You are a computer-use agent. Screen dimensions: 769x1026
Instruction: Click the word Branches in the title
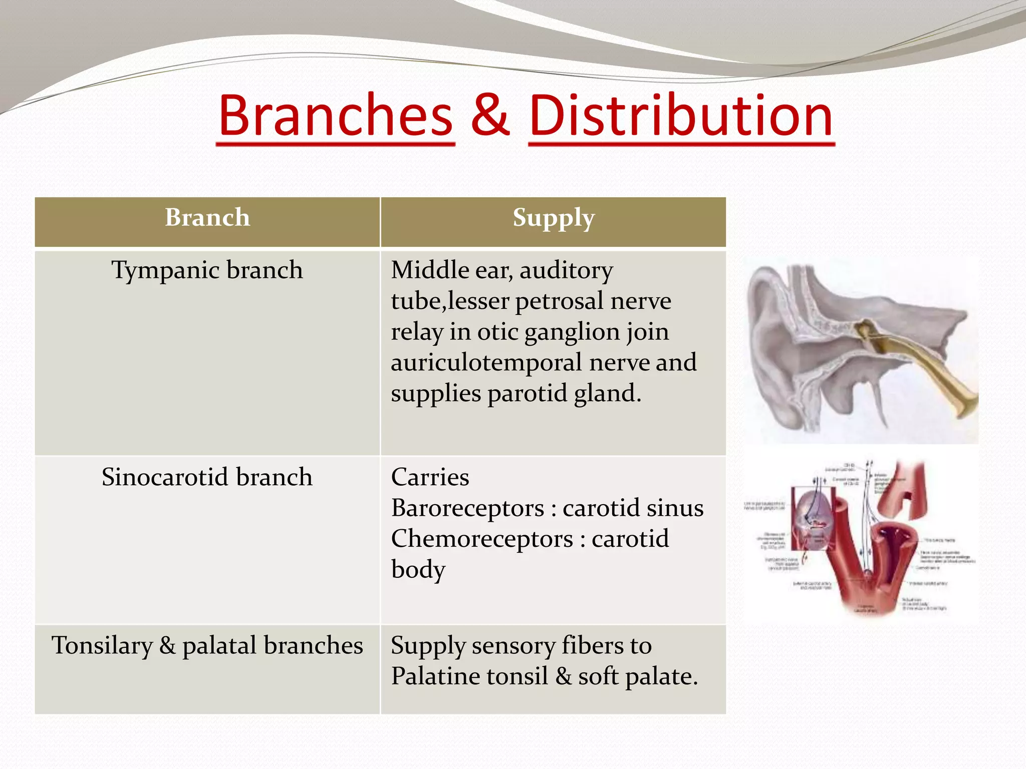coord(336,116)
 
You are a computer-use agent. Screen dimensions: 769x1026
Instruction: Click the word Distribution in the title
coord(681,116)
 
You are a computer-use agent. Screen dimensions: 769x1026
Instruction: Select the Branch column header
coord(207,218)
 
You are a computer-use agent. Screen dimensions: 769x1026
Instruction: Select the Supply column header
coord(553,218)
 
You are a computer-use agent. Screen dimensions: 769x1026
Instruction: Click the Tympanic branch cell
coord(207,270)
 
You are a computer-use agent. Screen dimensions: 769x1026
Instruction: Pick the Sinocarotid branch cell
coord(207,477)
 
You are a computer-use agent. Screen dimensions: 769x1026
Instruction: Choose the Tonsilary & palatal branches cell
coord(207,645)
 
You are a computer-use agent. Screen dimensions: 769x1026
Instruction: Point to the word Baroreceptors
coord(467,508)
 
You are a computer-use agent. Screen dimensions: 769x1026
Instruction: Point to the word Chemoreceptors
coord(482,539)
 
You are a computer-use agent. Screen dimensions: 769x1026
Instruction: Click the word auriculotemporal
coord(486,362)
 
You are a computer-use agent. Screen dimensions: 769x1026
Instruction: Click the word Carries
coord(430,477)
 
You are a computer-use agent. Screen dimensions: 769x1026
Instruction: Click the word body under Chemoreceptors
coord(418,570)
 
